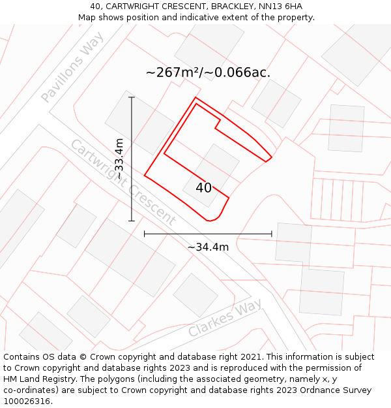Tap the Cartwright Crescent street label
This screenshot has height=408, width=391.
122,182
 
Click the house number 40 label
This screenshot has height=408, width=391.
203,187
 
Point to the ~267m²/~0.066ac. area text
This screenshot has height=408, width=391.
208,72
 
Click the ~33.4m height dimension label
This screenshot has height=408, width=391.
119,159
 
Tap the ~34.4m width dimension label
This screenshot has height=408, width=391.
208,247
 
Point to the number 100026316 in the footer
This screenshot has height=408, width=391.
26,401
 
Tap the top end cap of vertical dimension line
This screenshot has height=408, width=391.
132,97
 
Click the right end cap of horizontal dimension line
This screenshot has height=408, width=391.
271,233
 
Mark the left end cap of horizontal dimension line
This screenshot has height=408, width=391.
144,233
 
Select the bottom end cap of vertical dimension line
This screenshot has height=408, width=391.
132,221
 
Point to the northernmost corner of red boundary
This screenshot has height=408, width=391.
195,98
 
